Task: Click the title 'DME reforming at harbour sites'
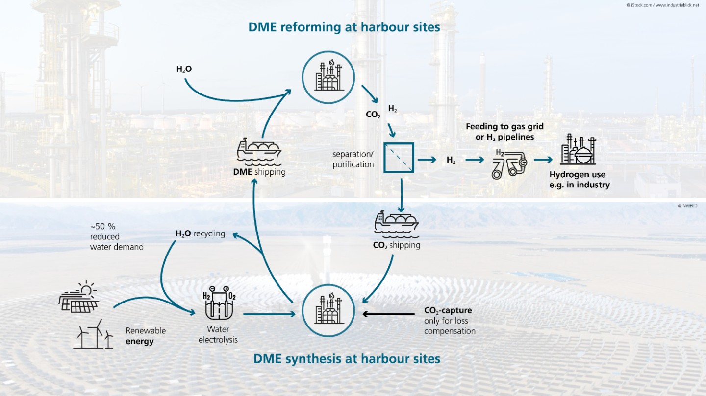pos(344,27)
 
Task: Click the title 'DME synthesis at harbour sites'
pos(347,359)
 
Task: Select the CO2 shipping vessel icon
pos(397,225)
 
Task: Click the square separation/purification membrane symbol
pos(399,158)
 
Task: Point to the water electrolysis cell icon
pos(219,303)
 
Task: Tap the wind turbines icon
pos(93,334)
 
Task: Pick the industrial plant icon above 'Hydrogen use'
pos(578,149)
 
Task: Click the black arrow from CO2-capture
pos(388,314)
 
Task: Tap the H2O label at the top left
pos(184,69)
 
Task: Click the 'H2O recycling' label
pos(201,233)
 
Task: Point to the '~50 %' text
pos(103,226)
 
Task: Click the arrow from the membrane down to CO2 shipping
pos(401,195)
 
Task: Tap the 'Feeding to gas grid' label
pos(504,127)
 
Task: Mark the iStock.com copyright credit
pos(662,5)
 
